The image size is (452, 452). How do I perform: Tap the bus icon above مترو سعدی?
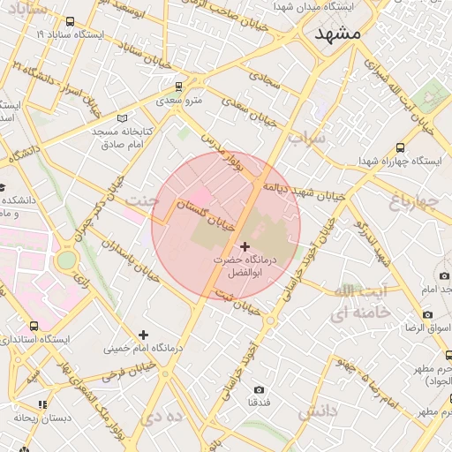179,87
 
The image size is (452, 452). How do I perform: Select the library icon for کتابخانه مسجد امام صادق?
122,117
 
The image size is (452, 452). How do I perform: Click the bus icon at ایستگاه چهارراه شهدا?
401,148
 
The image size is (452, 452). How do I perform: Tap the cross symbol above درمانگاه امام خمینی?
143,334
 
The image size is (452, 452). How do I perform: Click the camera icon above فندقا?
259,389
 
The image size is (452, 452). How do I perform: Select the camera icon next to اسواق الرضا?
428,314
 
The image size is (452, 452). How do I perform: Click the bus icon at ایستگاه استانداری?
34,326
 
